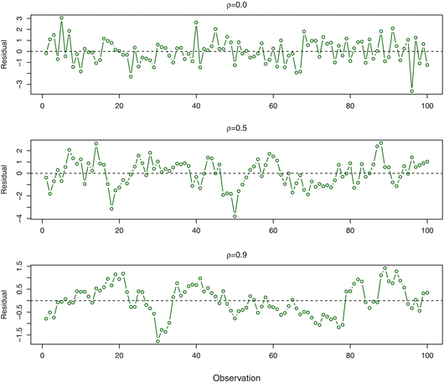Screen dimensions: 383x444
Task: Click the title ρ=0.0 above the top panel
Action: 235,5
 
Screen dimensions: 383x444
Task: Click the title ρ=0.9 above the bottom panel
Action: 235,256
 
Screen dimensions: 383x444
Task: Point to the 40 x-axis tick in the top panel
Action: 196,106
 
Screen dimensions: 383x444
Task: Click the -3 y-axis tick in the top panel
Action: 28,85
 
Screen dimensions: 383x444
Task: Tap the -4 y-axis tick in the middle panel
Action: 28,219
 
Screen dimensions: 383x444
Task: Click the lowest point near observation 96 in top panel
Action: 412,91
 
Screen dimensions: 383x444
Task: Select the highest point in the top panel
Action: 61,18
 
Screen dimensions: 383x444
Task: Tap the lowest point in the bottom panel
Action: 157,341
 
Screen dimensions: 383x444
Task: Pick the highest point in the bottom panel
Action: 385,269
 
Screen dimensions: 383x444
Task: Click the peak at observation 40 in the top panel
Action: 196,23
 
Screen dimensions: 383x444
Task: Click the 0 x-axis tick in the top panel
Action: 42,106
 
